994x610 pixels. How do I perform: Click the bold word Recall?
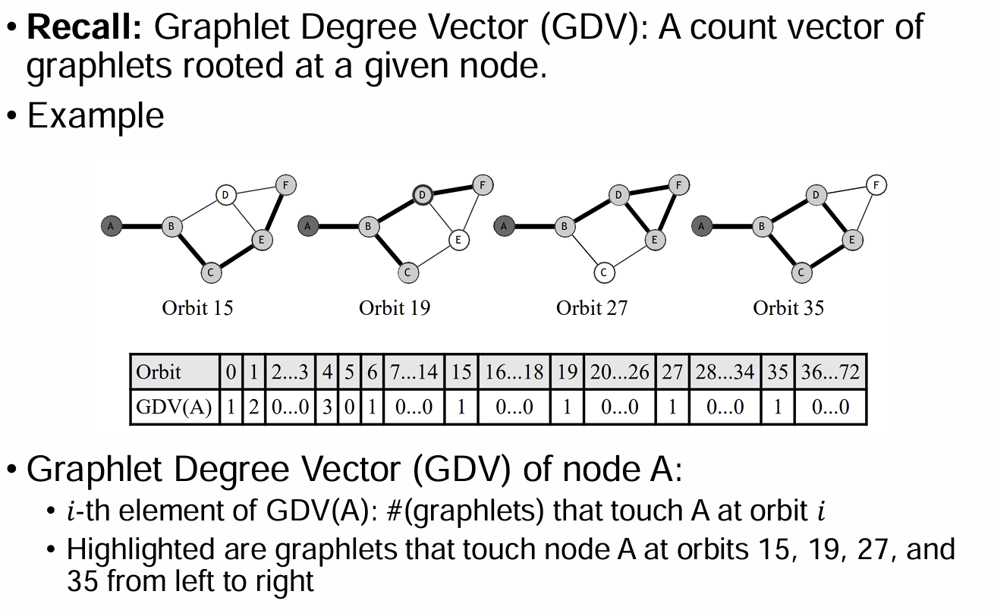point(84,28)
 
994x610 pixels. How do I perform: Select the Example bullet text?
point(96,116)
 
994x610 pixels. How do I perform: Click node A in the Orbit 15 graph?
point(111,225)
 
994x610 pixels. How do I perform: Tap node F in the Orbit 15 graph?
point(286,184)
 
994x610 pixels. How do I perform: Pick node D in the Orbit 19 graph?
point(423,195)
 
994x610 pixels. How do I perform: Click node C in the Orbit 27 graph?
point(604,272)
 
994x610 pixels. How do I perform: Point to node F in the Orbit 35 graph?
point(876,184)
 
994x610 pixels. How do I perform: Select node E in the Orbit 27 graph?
point(655,240)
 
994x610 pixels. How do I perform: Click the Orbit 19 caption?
point(395,307)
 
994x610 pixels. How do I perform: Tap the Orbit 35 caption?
point(788,307)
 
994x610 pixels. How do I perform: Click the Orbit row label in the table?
point(159,372)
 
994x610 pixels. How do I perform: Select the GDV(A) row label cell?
point(174,407)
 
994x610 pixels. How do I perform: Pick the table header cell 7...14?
point(414,372)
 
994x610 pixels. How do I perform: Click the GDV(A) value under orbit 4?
point(327,407)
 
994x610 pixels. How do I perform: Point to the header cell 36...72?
point(830,372)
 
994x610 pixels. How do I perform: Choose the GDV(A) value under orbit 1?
point(254,407)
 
